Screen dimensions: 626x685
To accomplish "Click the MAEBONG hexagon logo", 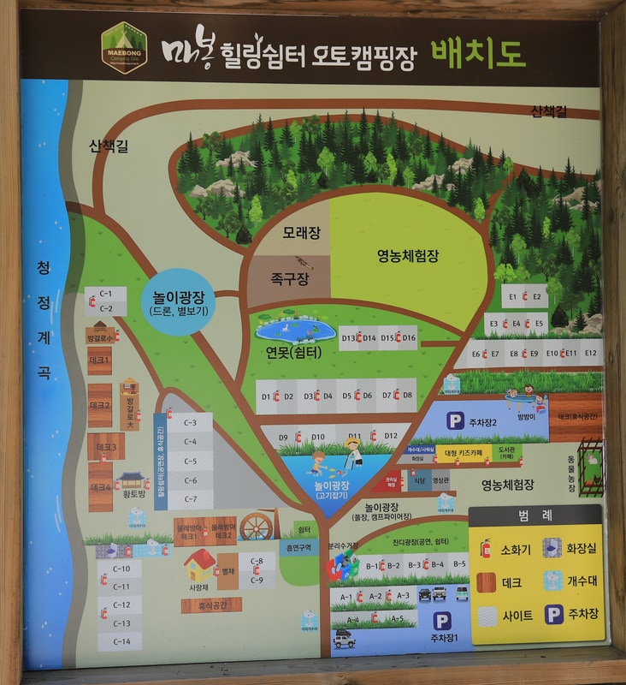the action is pos(124,48).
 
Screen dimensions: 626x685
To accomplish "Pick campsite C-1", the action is pos(106,294).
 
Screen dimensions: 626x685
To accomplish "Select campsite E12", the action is pos(591,353).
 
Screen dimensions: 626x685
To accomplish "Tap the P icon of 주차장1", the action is pos(441,622).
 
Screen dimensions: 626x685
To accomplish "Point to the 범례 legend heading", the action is pos(535,515).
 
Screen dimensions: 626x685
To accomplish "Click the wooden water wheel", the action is pos(255,527).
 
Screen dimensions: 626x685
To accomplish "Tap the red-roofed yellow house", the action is pos(200,564).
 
